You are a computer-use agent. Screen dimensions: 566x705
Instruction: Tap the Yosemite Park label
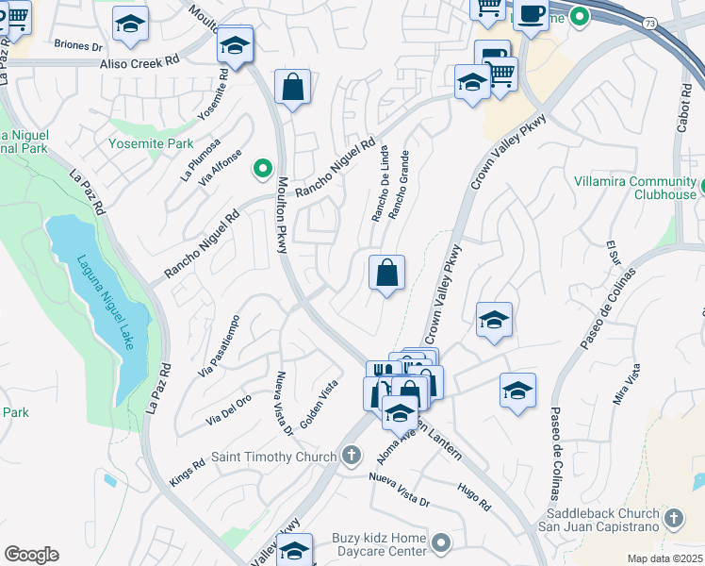click(x=151, y=144)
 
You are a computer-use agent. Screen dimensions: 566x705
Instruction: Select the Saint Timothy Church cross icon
click(x=352, y=457)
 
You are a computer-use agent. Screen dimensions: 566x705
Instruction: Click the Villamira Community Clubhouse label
click(x=636, y=188)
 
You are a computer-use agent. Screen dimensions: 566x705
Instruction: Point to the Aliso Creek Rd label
click(x=139, y=63)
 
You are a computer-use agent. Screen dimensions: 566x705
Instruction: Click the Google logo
click(x=31, y=555)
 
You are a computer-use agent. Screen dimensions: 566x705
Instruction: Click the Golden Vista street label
click(x=319, y=402)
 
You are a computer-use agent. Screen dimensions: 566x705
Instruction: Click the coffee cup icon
click(x=532, y=13)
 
